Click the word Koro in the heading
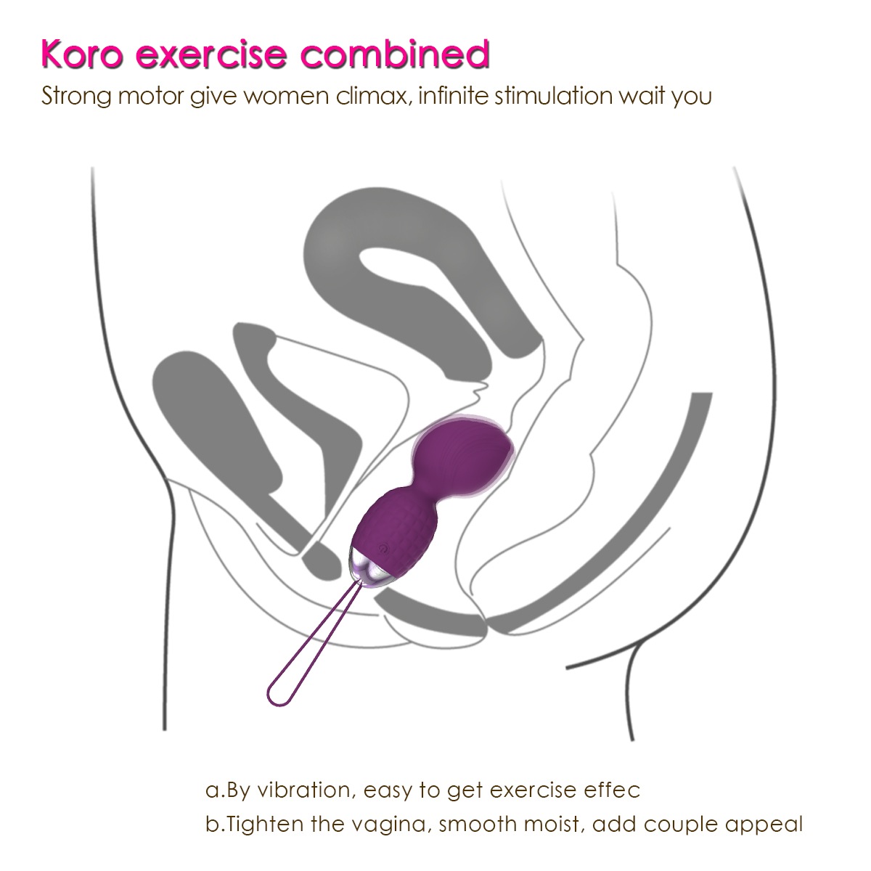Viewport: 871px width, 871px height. pos(82,54)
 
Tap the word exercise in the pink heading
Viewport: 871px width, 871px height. pos(211,54)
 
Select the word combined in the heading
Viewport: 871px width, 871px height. pos(395,54)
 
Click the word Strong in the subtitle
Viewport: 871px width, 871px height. pos(76,97)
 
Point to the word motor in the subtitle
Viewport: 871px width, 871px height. pos(151,97)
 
